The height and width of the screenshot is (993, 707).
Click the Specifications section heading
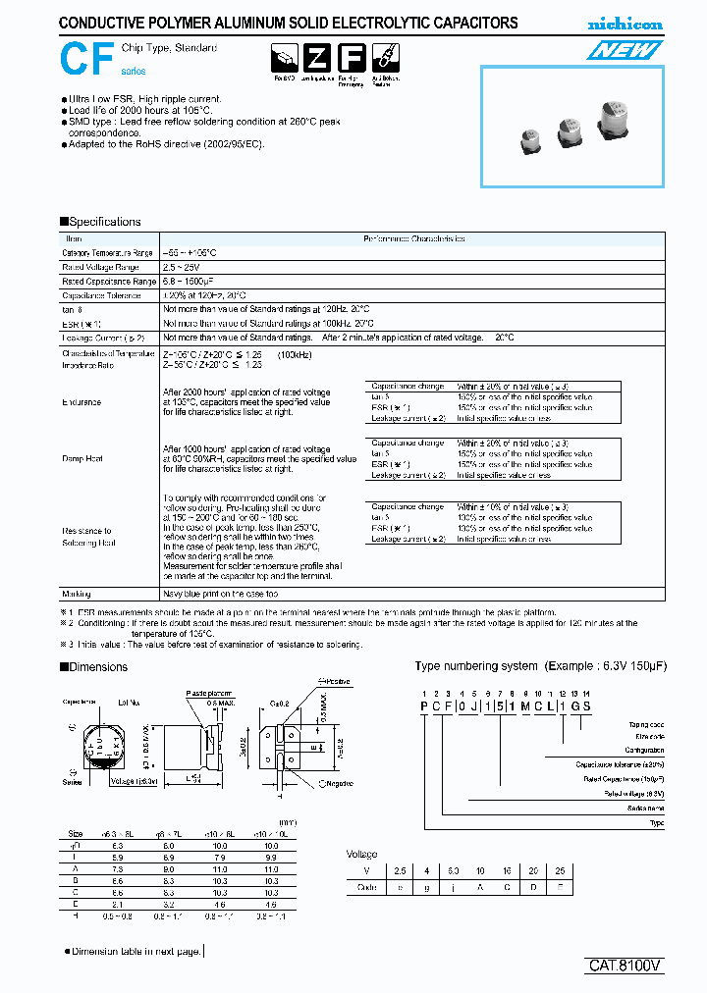click(100, 222)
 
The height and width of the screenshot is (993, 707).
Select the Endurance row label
click(82, 402)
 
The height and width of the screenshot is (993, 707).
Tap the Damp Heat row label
click(82, 458)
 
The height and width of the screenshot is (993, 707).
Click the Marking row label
click(77, 594)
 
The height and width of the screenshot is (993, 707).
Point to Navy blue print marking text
click(219, 594)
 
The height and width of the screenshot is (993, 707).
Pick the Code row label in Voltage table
click(368, 887)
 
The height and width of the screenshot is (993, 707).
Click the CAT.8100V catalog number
click(625, 965)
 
